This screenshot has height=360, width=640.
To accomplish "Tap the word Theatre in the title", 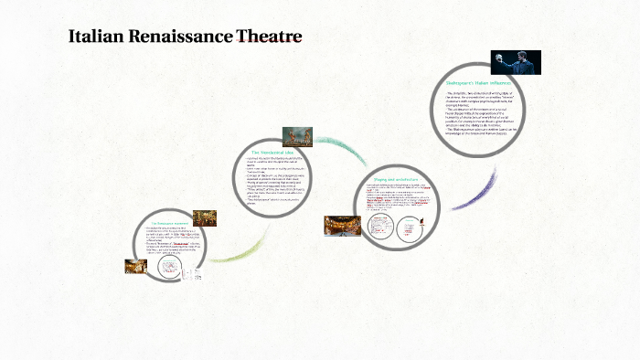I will coord(269,37).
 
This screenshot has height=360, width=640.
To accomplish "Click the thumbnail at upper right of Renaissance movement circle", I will coord(206,217).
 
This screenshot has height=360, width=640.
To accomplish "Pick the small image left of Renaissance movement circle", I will coord(135,266).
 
